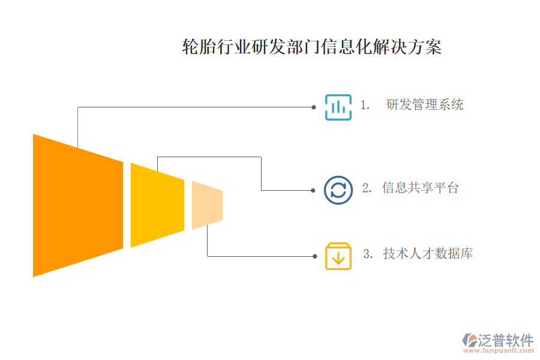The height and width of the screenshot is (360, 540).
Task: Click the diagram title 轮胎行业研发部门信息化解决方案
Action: [311, 47]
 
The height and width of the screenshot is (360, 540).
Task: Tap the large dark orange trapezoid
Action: [77, 205]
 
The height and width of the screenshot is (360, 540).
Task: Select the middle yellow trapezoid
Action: [157, 205]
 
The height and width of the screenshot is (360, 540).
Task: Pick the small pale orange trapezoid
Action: [207, 205]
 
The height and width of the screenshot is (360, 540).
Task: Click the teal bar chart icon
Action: [338, 107]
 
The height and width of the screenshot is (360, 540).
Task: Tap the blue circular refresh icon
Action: [338, 190]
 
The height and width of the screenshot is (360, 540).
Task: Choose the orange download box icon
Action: [338, 256]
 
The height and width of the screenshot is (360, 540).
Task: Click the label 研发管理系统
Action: [425, 105]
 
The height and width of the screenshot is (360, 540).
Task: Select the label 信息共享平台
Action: [420, 188]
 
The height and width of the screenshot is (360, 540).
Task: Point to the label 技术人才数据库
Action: [428, 254]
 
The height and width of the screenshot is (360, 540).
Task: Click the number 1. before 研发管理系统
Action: [364, 105]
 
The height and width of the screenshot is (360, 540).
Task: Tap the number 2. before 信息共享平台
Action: [367, 188]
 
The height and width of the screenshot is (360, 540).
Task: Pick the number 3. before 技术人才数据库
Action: [368, 254]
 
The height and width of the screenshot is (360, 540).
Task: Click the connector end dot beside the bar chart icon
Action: [314, 107]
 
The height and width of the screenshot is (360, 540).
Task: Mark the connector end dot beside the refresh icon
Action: [313, 190]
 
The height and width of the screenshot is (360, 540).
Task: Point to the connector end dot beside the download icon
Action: [314, 256]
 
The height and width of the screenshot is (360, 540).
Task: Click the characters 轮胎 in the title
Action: [196, 47]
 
